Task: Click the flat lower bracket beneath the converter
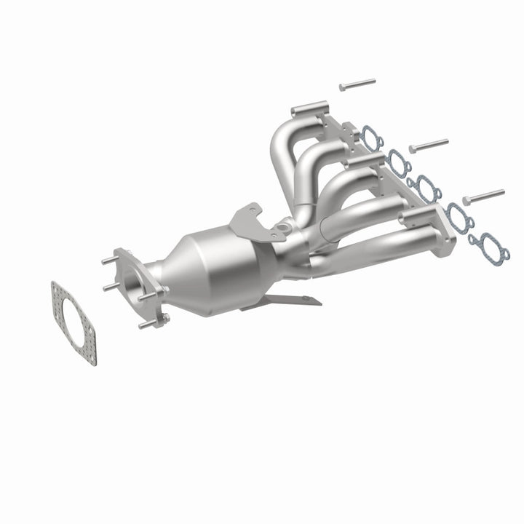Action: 284,301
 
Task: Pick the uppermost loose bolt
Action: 356,85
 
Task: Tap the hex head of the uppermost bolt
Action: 342,88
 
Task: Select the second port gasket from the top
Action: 398,158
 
